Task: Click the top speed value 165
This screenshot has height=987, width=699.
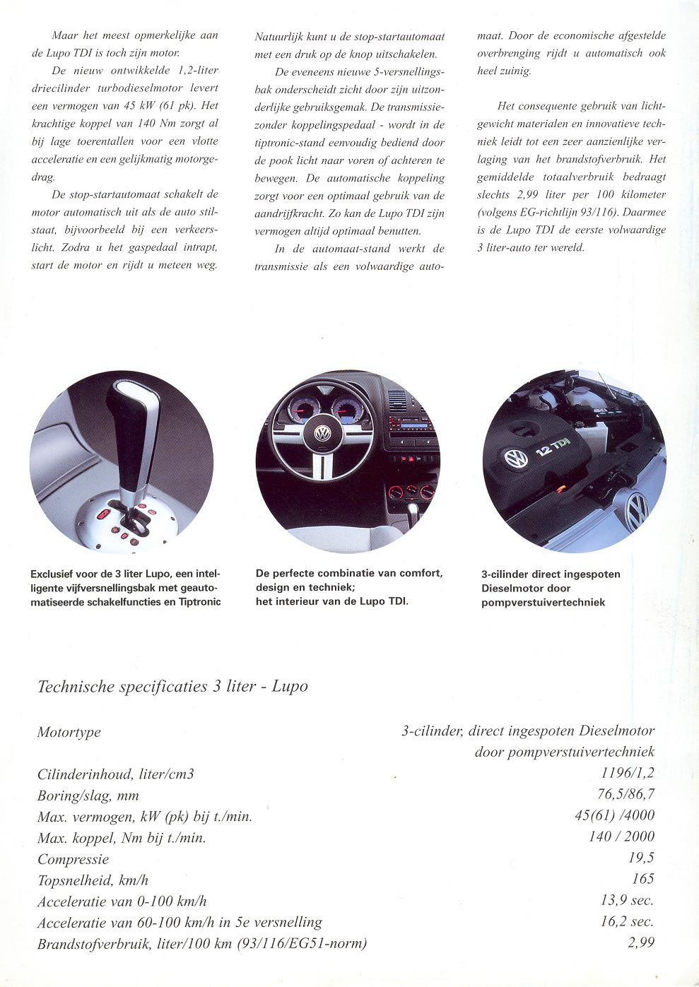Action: (643, 878)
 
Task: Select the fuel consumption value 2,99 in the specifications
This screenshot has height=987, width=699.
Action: (640, 942)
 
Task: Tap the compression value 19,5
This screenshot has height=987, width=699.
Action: (640, 858)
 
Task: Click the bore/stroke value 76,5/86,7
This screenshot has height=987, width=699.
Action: (625, 795)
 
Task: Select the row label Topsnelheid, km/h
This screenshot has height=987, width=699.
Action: (93, 880)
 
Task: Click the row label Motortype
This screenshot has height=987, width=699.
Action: (69, 732)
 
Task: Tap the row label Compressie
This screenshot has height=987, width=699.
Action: (73, 859)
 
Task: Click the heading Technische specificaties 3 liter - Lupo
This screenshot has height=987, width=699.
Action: (172, 686)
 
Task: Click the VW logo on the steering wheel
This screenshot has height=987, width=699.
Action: (323, 433)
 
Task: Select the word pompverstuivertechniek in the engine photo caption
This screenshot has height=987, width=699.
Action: (543, 602)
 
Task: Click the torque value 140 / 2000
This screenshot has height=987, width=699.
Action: (621, 837)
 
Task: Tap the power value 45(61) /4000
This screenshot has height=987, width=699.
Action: (615, 816)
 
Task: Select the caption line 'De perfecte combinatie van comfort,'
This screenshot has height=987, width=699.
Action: (349, 574)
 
